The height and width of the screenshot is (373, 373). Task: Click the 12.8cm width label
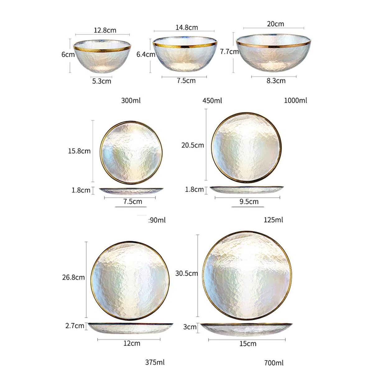(105, 30)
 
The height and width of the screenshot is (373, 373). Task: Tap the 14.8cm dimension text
(186, 27)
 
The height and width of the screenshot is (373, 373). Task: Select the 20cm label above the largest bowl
(275, 24)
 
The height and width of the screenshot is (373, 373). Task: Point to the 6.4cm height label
(146, 54)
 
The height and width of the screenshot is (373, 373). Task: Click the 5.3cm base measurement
(102, 81)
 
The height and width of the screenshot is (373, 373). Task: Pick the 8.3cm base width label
(276, 81)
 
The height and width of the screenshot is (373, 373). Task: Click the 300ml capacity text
(131, 100)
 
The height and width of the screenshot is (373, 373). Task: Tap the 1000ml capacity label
(295, 100)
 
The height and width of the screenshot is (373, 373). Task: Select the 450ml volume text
(212, 101)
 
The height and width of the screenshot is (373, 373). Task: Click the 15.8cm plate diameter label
(79, 151)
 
